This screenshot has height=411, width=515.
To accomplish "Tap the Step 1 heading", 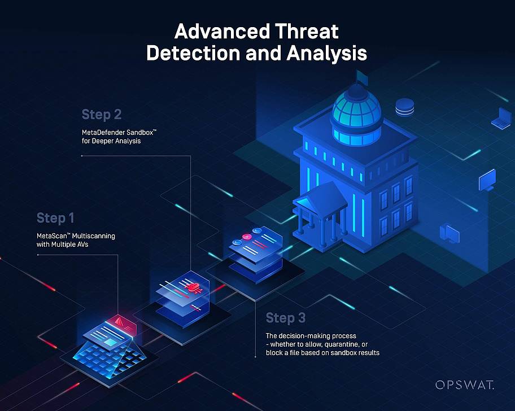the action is tap(55, 218).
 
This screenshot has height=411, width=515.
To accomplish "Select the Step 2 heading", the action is tap(102, 115).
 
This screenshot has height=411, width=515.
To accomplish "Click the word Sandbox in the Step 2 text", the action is tap(137, 132).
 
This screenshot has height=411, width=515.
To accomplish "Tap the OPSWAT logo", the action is tap(464, 385).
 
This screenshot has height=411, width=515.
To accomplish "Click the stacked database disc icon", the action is tap(405, 106).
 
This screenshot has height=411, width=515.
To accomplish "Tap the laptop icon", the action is tap(500, 117).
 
